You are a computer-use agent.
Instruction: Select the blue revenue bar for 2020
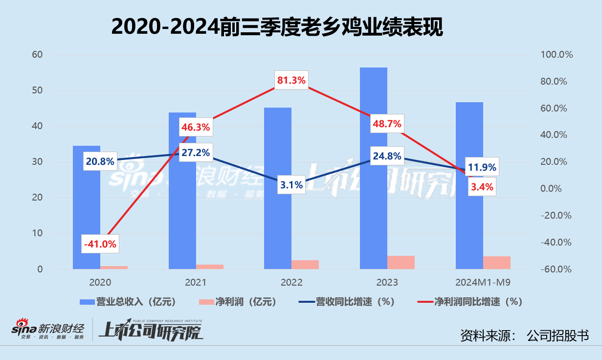coord(87,220)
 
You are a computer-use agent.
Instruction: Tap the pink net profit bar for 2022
coord(305,264)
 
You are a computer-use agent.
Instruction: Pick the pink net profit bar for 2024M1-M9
coord(497,262)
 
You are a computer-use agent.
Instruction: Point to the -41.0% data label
coord(100,244)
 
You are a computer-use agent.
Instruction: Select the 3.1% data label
coord(292,185)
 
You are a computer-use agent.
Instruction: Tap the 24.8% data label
coord(387,157)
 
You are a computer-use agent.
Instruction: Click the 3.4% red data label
coord(482,186)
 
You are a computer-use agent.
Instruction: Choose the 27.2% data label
coord(196,153)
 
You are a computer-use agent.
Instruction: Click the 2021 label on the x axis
coord(196,282)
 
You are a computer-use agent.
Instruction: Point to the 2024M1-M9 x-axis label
coord(483,282)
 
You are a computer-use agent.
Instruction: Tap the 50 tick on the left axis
coord(38,91)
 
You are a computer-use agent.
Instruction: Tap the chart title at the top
coord(277,27)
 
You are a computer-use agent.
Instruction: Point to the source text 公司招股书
coord(557,336)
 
